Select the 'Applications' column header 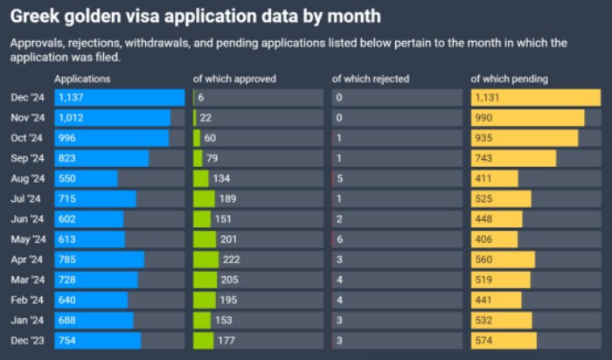82,79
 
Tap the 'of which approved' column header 234,79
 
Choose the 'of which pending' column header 510,79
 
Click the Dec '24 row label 27,98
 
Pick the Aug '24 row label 27,178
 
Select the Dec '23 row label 27,341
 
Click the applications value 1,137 71,98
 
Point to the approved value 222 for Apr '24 232,260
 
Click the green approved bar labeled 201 204,239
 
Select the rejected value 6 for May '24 339,239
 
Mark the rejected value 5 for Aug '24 339,178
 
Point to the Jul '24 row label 27,199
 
